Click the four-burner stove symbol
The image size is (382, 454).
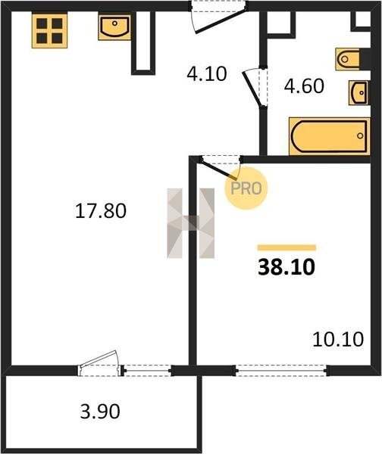click(49, 30)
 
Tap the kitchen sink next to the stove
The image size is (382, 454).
click(114, 27)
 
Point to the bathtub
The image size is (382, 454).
click(330, 136)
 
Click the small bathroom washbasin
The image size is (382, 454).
click(359, 92)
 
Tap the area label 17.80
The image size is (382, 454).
click(101, 210)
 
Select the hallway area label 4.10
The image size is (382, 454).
click(206, 73)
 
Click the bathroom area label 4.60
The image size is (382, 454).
click(304, 86)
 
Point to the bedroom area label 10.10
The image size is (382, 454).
click(338, 339)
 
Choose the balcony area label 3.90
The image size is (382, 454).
click(100, 412)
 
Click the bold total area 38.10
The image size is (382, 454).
click(286, 267)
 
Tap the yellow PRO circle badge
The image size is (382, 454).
click(246, 188)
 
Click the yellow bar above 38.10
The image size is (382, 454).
click(286, 247)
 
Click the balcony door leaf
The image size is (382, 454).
click(99, 359)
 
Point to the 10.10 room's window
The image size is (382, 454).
click(281, 370)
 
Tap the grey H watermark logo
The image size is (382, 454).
click(190, 223)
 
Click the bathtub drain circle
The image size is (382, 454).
click(360, 135)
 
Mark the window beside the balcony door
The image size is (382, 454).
click(148, 370)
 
